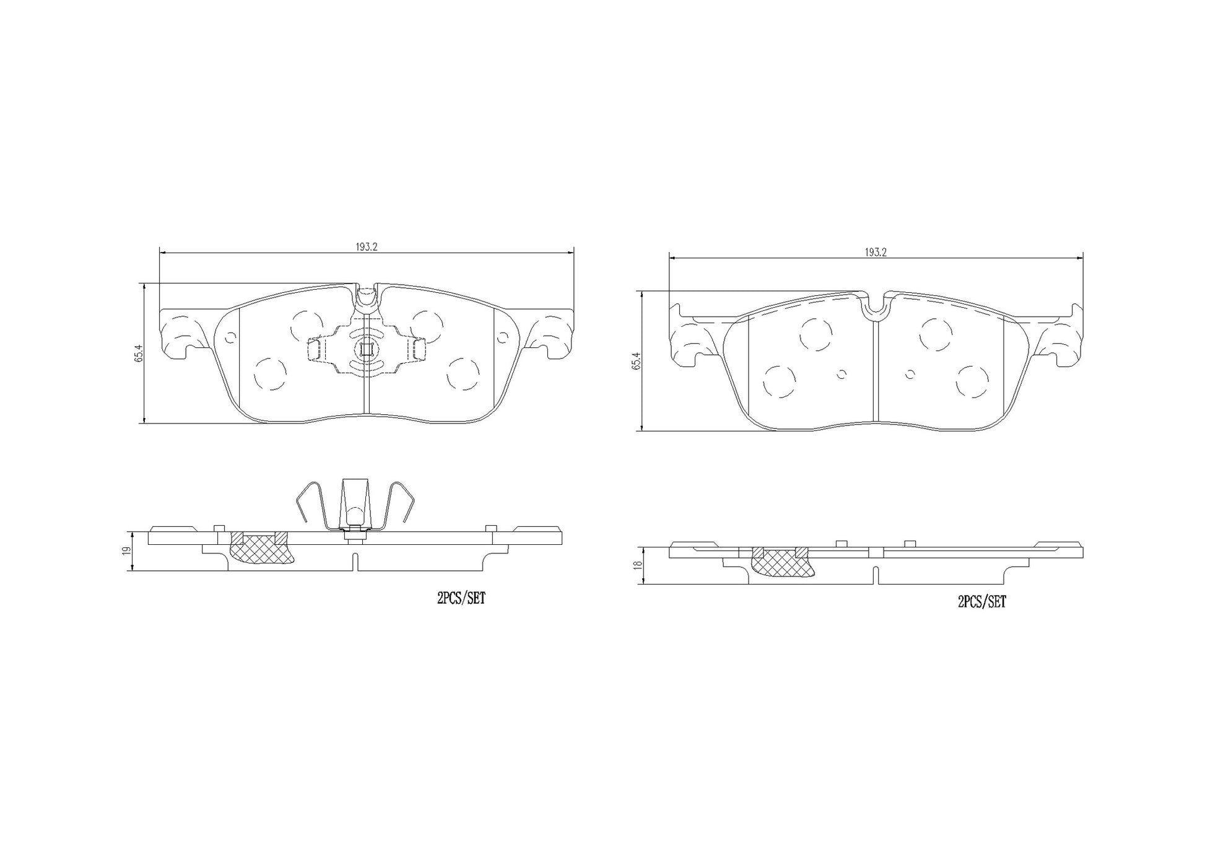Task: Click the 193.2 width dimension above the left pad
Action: tap(366, 246)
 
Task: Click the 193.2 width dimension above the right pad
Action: tap(876, 252)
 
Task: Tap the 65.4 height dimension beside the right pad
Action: tap(636, 360)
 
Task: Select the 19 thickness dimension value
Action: tap(127, 550)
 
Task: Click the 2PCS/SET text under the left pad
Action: tap(461, 599)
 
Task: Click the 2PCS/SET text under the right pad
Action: tap(982, 601)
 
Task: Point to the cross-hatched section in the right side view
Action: tap(781, 562)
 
